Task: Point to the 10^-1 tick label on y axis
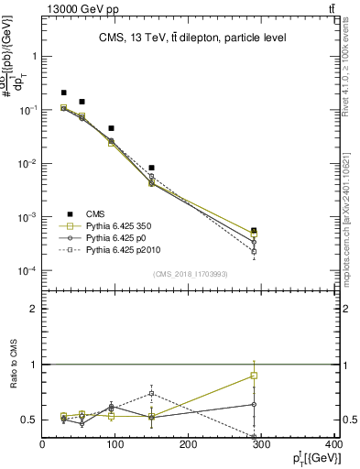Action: click(30, 110)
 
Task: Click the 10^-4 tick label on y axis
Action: click(30, 272)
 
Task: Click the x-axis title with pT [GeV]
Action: click(311, 458)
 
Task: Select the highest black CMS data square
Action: click(63, 93)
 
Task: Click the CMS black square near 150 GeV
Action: click(151, 168)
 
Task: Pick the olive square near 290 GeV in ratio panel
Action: click(254, 376)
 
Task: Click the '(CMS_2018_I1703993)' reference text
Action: click(191, 274)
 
